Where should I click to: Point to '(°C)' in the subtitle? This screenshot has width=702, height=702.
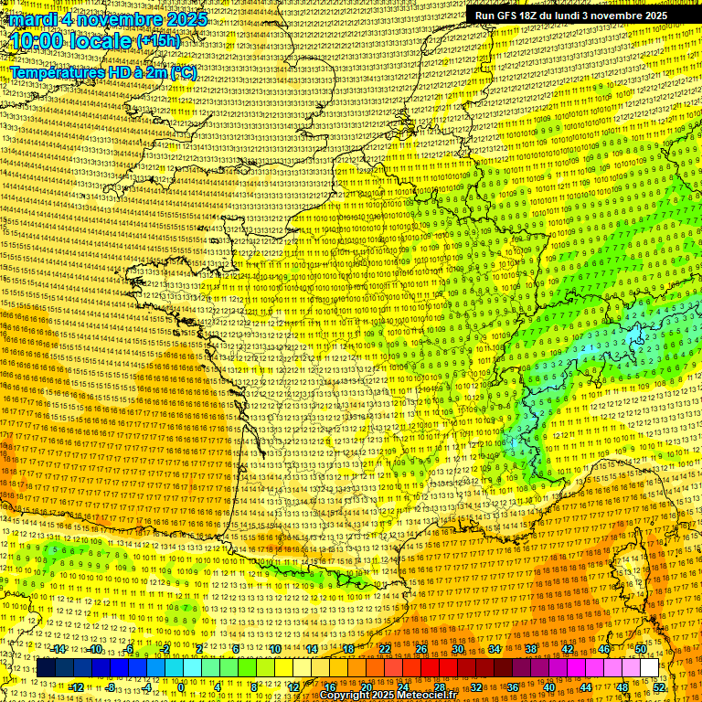[x=183, y=72]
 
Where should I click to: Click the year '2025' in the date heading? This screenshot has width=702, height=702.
[x=180, y=19]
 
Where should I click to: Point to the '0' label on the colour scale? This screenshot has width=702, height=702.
[x=181, y=686]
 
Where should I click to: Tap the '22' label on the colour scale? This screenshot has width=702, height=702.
[x=384, y=649]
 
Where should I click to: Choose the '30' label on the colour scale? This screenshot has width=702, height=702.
[x=458, y=649]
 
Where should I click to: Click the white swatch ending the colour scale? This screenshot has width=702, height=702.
[x=649, y=668]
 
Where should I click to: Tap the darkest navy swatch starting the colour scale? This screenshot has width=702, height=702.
[x=46, y=668]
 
